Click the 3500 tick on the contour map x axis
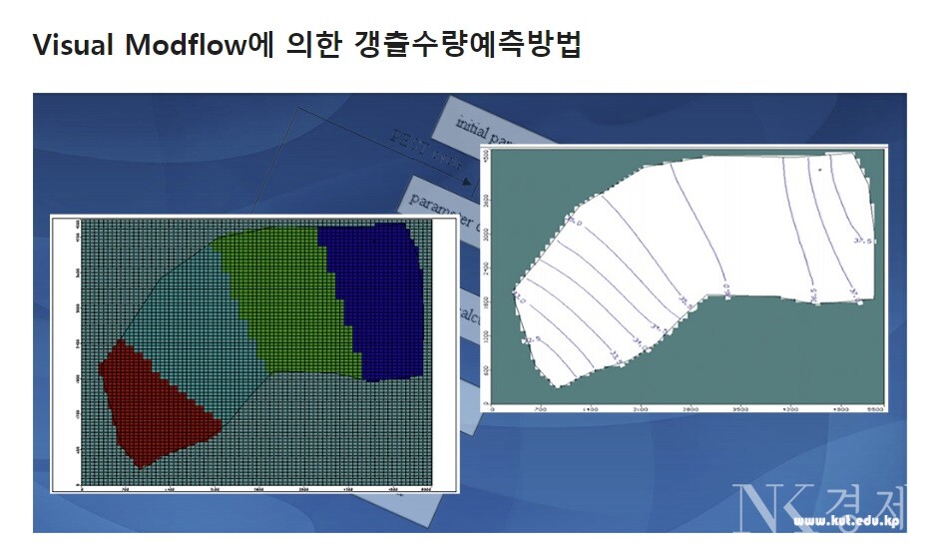[741, 410]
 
